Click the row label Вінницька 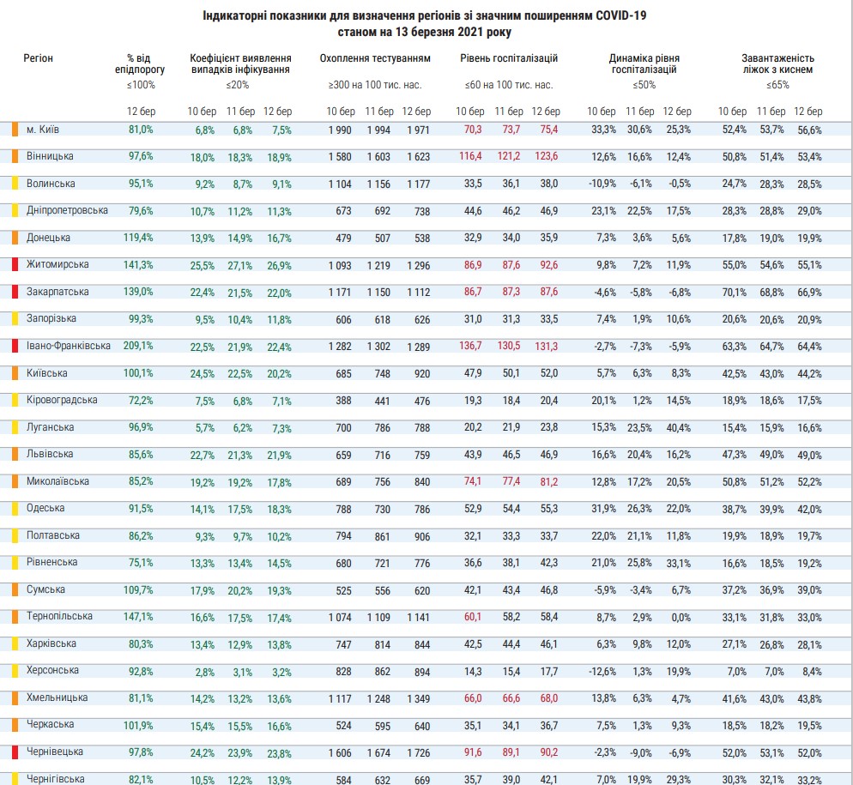coord(49,156)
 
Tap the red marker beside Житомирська coord(15,265)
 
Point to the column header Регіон coord(39,58)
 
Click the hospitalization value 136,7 coord(469,347)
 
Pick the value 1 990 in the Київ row coord(341,130)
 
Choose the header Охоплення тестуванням coord(375,58)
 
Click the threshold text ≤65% coord(777,85)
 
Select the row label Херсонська coord(52,670)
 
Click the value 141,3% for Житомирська coord(140,265)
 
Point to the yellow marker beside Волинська coord(15,184)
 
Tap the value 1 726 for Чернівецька coord(417,752)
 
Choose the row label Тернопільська coord(58,616)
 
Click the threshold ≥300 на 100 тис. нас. coord(375,85)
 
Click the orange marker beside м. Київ coord(15,130)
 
